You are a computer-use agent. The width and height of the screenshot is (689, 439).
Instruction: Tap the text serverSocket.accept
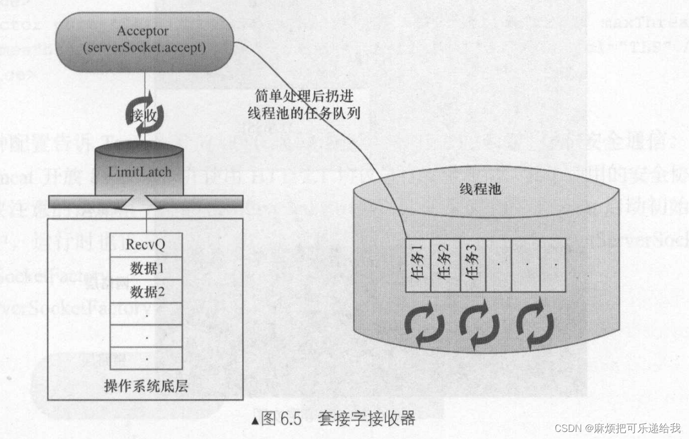click(144, 48)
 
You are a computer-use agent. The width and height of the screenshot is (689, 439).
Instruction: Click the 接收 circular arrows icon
click(145, 115)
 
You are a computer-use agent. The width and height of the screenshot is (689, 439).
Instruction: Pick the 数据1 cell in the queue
click(145, 268)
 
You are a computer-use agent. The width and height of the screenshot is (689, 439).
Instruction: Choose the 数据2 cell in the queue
click(145, 292)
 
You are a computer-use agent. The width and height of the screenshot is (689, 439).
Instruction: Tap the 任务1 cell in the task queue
click(418, 265)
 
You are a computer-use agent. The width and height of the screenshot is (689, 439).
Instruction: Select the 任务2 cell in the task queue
click(445, 265)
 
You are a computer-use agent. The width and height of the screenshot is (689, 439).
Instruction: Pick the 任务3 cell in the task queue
click(471, 265)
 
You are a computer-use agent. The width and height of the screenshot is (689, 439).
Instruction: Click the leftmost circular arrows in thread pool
click(423, 326)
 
